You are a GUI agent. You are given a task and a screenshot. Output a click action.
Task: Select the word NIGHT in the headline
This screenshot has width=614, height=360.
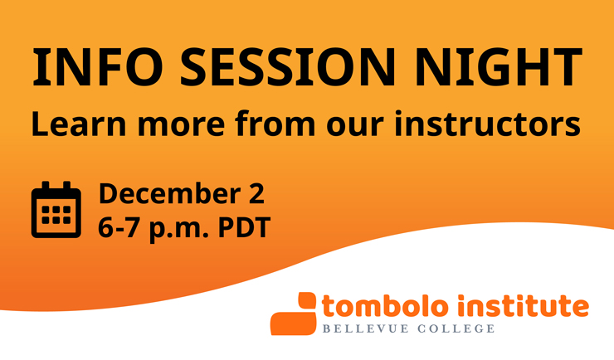[499, 67]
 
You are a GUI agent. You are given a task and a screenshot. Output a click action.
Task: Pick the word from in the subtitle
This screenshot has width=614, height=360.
[275, 124]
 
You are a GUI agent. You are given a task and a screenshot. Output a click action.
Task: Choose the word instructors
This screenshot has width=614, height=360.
[487, 124]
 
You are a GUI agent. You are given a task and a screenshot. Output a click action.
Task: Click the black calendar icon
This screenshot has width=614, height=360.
[56, 209]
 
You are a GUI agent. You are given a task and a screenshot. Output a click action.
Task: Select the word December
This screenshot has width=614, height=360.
[170, 193]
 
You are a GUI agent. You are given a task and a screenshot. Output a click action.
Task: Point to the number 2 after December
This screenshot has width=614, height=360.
[257, 193]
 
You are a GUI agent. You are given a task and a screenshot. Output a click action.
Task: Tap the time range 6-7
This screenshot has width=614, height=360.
[119, 227]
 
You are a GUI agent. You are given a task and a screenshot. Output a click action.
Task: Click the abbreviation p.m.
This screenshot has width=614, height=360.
[179, 229]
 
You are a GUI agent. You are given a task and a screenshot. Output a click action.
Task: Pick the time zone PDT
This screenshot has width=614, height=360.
[244, 227]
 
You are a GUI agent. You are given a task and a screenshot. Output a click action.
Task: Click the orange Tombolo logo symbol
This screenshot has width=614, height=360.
[293, 314]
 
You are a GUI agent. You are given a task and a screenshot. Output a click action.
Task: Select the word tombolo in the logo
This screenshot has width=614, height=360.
[385, 305]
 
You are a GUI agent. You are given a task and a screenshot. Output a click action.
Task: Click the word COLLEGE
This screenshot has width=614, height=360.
[456, 328]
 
